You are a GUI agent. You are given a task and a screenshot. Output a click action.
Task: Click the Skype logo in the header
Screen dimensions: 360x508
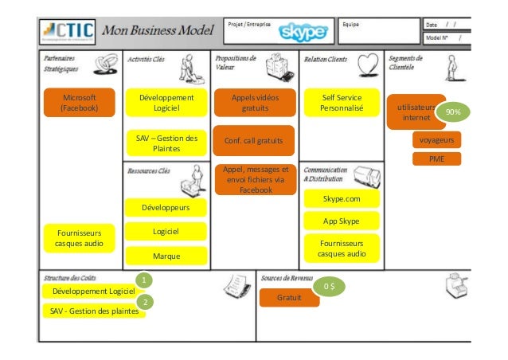pyautogui.click(x=302, y=30)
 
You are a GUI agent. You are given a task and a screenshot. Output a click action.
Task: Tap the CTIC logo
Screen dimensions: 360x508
pyautogui.click(x=68, y=32)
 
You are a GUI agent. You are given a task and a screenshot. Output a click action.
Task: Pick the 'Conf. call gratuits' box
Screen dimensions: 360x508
pyautogui.click(x=254, y=141)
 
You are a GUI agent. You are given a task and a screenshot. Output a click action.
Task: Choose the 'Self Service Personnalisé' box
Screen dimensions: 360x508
pyautogui.click(x=342, y=103)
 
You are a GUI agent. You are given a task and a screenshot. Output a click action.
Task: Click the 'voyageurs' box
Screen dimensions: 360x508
pyautogui.click(x=436, y=140)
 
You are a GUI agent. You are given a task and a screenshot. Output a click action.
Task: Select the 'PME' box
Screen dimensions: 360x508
pyautogui.click(x=436, y=158)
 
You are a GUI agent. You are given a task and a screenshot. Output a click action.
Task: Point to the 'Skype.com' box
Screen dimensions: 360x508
pyautogui.click(x=342, y=198)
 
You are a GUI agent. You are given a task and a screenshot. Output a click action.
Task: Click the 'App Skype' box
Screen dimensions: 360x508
pyautogui.click(x=342, y=221)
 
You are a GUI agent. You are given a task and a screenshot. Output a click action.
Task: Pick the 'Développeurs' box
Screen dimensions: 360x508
pyautogui.click(x=166, y=208)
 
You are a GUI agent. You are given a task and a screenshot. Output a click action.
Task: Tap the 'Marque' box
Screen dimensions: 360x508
pyautogui.click(x=166, y=256)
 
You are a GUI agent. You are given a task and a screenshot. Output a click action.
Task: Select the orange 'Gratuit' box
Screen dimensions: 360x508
pyautogui.click(x=288, y=297)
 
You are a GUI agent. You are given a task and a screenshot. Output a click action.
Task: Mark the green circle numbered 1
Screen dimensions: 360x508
pyautogui.click(x=144, y=280)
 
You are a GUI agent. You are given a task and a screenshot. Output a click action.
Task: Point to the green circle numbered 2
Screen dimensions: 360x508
pyautogui.click(x=144, y=303)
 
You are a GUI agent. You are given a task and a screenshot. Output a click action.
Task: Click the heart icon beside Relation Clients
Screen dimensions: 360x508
pyautogui.click(x=366, y=64)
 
